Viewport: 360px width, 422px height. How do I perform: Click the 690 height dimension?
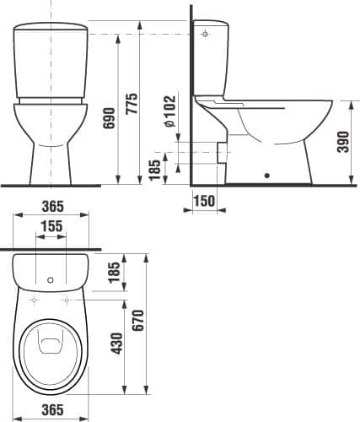109,118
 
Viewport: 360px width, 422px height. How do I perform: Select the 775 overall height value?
132,104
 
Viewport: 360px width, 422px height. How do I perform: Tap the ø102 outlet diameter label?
170,111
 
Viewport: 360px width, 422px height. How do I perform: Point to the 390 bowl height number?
343,142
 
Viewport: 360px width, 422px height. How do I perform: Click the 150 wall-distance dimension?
204,201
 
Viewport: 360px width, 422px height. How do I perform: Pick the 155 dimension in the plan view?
51,226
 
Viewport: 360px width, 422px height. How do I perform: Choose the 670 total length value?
138,321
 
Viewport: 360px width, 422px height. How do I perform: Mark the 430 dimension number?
117,344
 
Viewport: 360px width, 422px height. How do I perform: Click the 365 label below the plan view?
53,410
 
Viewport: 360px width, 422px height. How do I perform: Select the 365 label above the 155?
53,207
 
